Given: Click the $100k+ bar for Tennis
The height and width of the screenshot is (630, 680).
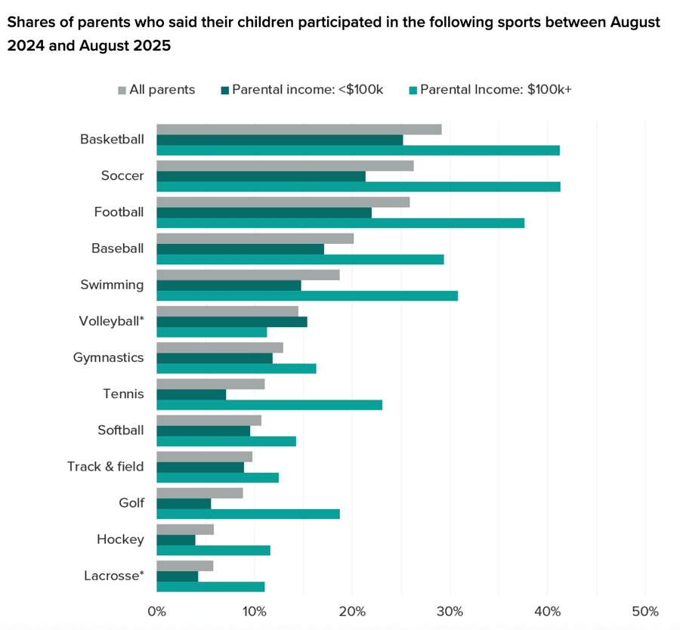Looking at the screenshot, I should coord(269,405).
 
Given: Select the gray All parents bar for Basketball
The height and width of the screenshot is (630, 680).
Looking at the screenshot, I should coord(298,129).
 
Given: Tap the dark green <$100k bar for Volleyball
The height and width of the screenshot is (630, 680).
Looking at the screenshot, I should coord(231,322).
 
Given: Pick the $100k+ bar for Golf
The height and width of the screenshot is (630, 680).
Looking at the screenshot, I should coord(248,514).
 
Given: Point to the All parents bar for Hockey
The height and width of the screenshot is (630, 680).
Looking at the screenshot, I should coord(185,529).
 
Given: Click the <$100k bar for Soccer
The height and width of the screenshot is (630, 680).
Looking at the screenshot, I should coord(261,176).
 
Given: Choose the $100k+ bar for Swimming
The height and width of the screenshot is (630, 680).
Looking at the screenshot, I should coord(307,295).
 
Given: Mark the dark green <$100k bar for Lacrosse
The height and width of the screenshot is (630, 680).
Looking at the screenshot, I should coord(177,576).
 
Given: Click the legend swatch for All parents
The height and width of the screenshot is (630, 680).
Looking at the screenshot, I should coord(122,90).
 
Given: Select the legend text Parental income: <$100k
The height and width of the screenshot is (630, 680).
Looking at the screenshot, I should coord(308,90).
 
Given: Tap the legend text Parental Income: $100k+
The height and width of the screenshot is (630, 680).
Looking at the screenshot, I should coord(496,90).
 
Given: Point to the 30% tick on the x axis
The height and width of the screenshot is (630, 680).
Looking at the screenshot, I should coord(450,610).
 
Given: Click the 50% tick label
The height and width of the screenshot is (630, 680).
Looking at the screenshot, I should coord(645,610).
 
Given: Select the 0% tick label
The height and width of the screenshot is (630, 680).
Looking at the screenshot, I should coord(156,610).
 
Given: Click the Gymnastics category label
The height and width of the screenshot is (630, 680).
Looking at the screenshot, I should coord(108,357).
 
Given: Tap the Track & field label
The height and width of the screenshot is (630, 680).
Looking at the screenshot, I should coord(105,466).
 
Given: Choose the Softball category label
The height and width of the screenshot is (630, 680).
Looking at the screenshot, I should coord(120,430).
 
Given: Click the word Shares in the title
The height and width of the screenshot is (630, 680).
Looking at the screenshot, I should coord(28,22).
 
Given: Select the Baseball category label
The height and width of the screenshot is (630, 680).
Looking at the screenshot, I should coord(117,248).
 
